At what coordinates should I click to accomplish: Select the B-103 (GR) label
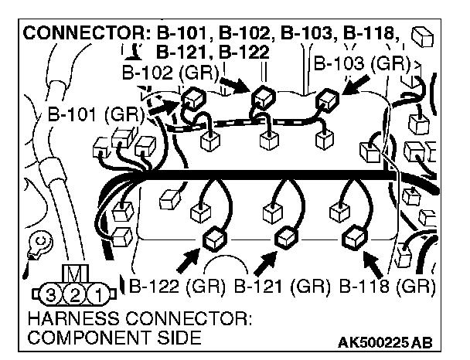356,63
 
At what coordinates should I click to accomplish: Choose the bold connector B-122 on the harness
212,240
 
